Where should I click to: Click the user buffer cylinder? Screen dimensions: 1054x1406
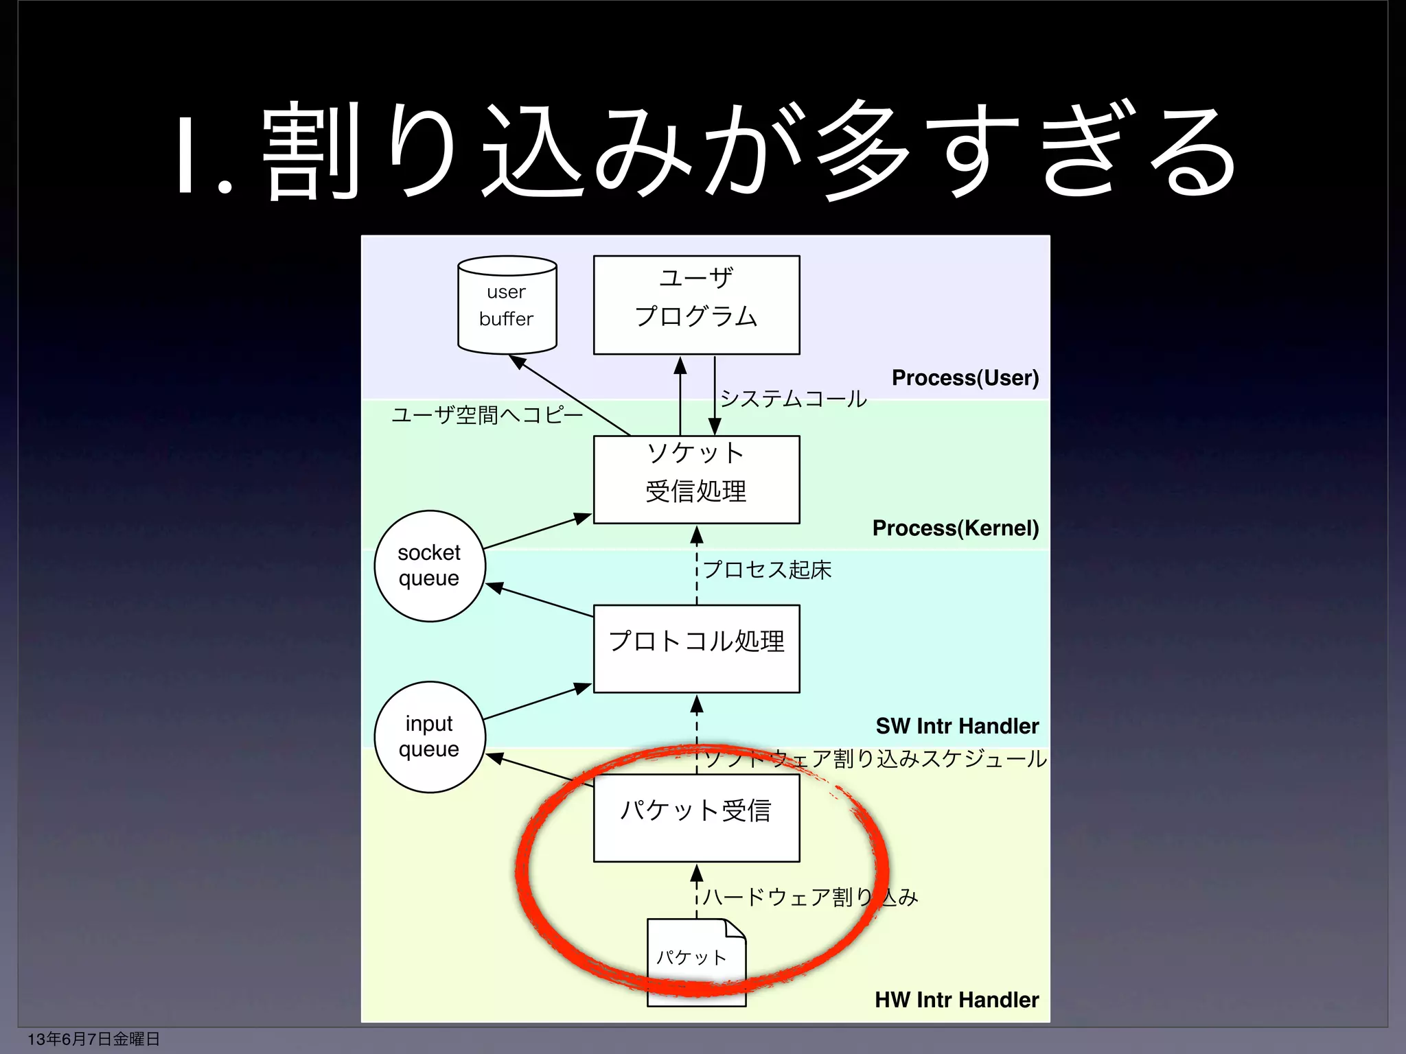pyautogui.click(x=507, y=305)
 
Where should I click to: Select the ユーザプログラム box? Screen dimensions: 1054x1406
pyautogui.click(x=696, y=305)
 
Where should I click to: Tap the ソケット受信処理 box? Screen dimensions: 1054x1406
pyautogui.click(x=696, y=479)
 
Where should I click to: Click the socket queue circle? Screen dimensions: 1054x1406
pyautogui.click(x=430, y=565)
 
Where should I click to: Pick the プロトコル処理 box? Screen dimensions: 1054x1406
pyautogui.click(x=696, y=648)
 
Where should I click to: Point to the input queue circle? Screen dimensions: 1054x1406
pyautogui.click(x=430, y=736)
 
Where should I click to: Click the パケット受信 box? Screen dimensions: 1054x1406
pyautogui.click(x=696, y=817)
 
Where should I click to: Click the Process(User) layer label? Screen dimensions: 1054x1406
pyautogui.click(x=965, y=377)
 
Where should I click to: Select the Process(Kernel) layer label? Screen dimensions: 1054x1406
pyautogui.click(x=955, y=528)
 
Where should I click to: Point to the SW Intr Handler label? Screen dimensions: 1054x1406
pyautogui.click(x=956, y=725)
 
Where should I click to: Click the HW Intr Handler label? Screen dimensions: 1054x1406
pyautogui.click(x=956, y=1000)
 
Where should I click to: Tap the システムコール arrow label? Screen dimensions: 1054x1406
pyautogui.click(x=793, y=398)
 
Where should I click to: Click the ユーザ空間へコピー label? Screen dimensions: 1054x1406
pyautogui.click(x=487, y=414)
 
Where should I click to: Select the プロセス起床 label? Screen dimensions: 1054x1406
pyautogui.click(x=767, y=570)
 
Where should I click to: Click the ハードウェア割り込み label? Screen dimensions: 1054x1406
pyautogui.click(x=810, y=897)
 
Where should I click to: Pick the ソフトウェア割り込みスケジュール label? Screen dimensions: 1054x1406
pyautogui.click(x=875, y=758)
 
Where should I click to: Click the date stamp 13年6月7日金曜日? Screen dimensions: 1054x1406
pyautogui.click(x=93, y=1039)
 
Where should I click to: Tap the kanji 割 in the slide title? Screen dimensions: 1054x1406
pyautogui.click(x=310, y=151)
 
